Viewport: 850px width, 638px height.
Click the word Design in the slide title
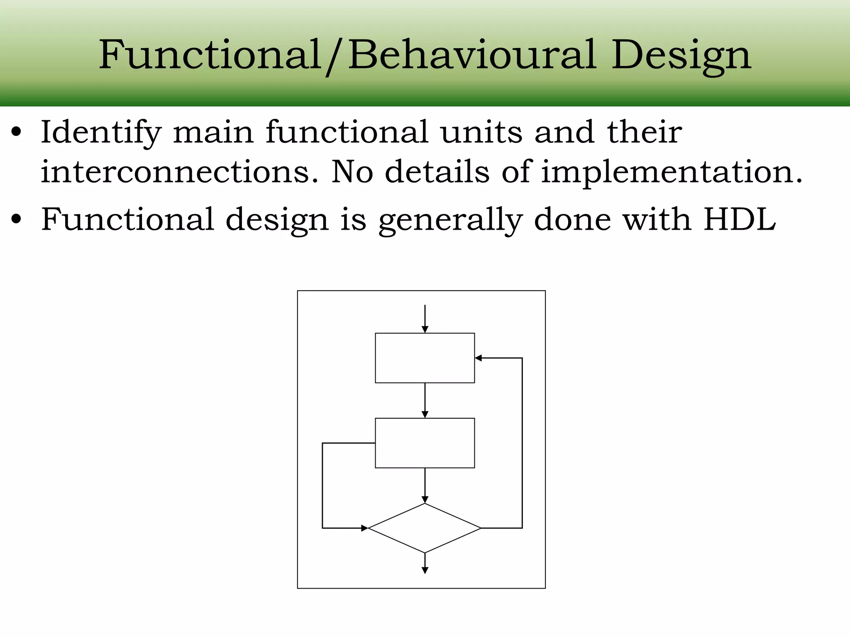[x=681, y=55]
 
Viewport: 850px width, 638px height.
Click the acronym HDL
[x=739, y=219]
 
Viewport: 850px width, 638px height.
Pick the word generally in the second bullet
[x=450, y=220]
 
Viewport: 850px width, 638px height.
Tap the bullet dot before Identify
[x=16, y=133]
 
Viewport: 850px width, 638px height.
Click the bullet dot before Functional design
[x=16, y=219]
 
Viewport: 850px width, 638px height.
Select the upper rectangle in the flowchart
[x=425, y=358]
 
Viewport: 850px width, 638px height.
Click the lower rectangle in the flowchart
[x=425, y=443]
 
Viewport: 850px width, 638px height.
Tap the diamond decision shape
[x=425, y=528]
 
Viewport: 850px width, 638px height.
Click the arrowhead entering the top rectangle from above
[x=425, y=330]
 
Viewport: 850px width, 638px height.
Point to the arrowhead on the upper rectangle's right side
[x=478, y=358]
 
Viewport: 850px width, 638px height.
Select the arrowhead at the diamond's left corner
[x=364, y=528]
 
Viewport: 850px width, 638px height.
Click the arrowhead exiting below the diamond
[x=425, y=571]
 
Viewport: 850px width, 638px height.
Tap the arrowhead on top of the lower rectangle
[x=425, y=415]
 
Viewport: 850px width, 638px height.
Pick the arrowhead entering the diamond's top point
[x=425, y=500]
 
